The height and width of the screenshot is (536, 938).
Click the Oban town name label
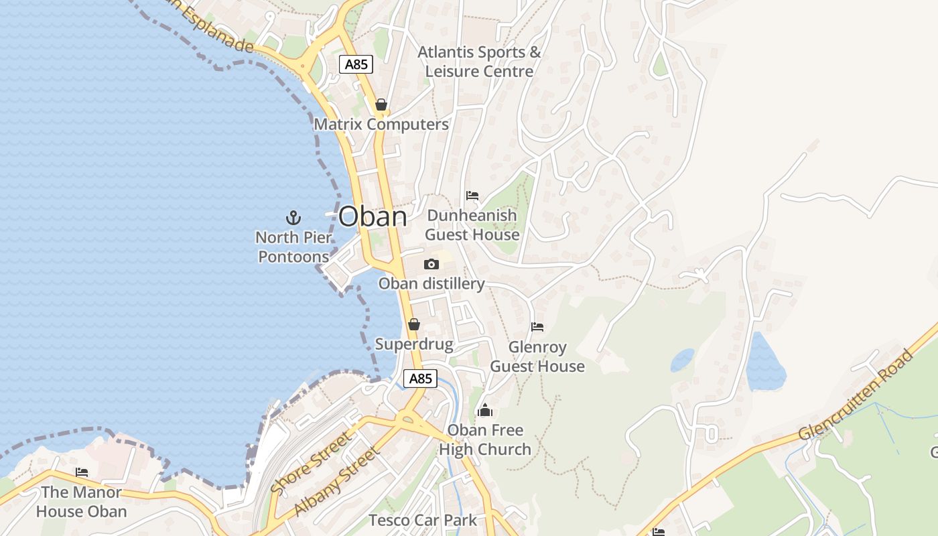coord(373,216)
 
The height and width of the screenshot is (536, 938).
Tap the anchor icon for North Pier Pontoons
coord(293,217)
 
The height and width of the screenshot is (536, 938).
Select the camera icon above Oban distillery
coord(431,264)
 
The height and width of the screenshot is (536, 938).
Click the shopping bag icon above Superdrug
coord(414,325)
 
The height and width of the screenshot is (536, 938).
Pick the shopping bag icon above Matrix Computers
coord(381,105)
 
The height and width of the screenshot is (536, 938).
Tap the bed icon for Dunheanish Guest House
coord(472,196)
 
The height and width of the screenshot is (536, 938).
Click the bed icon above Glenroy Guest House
coord(537,327)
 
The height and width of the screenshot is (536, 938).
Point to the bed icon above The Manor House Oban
coord(82,472)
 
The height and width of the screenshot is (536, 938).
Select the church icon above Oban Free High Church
coord(485,410)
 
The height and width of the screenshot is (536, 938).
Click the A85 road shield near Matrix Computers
coord(356,64)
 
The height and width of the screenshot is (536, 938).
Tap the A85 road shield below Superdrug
coord(421,379)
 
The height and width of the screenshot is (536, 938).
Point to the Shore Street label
coord(311,463)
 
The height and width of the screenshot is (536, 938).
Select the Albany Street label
coord(337,481)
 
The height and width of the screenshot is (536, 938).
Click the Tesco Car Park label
coord(423,520)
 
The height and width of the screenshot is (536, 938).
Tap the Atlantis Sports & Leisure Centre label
coord(479,62)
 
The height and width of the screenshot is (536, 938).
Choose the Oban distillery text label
coord(431,283)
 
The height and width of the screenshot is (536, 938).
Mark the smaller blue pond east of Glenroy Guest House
coord(683,360)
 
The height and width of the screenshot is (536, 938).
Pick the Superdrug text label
coord(414,344)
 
